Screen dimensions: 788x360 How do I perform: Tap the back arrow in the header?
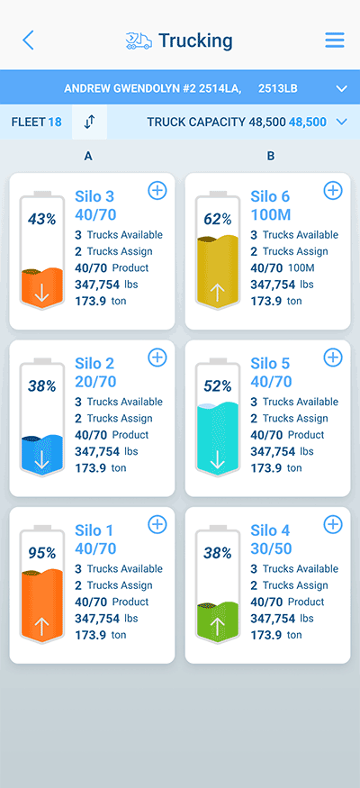tap(28, 41)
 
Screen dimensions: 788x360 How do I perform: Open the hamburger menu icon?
tap(335, 41)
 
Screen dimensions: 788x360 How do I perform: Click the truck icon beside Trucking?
tap(139, 41)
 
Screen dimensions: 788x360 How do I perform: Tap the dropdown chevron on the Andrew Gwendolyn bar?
tap(340, 88)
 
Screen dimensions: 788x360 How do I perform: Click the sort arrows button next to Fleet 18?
tap(89, 122)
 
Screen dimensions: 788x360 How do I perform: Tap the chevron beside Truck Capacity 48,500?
tap(340, 122)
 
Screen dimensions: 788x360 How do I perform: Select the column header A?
tap(88, 156)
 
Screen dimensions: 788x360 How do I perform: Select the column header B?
tap(271, 156)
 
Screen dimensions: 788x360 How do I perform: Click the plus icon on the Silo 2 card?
tap(157, 358)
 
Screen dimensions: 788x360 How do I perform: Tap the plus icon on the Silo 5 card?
tap(332, 358)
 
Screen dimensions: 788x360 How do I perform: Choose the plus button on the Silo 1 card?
tap(157, 524)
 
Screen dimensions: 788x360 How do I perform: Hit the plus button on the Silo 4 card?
tap(332, 524)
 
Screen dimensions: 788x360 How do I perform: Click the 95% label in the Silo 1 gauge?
tap(41, 553)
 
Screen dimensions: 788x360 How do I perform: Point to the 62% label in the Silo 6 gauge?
tap(217, 219)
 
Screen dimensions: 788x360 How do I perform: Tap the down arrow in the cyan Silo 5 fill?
tap(217, 460)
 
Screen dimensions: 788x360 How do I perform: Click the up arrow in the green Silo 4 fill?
tap(217, 626)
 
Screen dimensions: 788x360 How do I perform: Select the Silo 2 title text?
tap(94, 363)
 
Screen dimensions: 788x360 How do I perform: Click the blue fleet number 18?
tap(54, 122)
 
